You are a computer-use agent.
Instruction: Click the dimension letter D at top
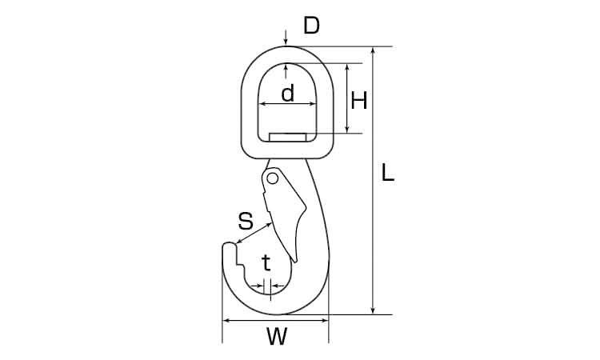[311, 26]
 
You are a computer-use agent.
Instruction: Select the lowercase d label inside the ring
[288, 93]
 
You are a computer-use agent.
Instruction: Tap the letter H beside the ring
[359, 101]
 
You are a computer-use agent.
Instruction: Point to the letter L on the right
[388, 172]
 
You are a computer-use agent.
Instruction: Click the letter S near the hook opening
[246, 221]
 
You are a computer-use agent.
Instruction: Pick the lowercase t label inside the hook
[266, 262]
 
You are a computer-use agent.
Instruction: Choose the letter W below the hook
[276, 337]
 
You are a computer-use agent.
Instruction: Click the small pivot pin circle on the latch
[272, 178]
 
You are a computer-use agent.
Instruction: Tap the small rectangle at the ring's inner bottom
[288, 137]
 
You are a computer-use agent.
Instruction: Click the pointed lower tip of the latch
[295, 261]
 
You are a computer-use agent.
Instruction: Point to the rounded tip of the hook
[229, 245]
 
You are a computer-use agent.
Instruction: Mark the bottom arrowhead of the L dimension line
[373, 310]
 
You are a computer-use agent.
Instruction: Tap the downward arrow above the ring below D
[286, 38]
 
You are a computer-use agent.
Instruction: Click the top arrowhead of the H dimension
[347, 68]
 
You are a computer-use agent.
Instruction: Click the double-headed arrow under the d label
[288, 104]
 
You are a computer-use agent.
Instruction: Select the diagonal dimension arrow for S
[254, 233]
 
